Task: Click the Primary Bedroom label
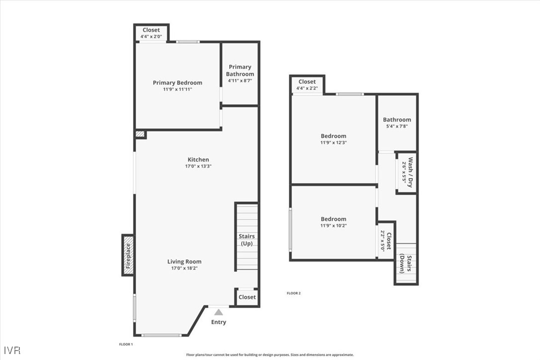pyautogui.click(x=178, y=83)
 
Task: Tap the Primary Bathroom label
pyautogui.click(x=240, y=70)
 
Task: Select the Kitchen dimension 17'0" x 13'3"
pyautogui.click(x=198, y=167)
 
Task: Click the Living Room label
pyautogui.click(x=184, y=262)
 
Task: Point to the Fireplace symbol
pyautogui.click(x=128, y=255)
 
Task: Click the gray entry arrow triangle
pyautogui.click(x=218, y=312)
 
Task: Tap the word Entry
pyautogui.click(x=218, y=322)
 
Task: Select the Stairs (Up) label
pyautogui.click(x=247, y=240)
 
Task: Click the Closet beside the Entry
pyautogui.click(x=247, y=297)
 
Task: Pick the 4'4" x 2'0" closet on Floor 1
pyautogui.click(x=151, y=33)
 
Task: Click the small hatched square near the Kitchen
pyautogui.click(x=140, y=134)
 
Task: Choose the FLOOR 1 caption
pyautogui.click(x=125, y=344)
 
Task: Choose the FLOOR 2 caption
pyautogui.click(x=293, y=293)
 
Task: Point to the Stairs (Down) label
pyautogui.click(x=406, y=264)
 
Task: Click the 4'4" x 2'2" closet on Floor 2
pyautogui.click(x=307, y=85)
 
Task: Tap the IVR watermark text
pyautogui.click(x=10, y=350)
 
